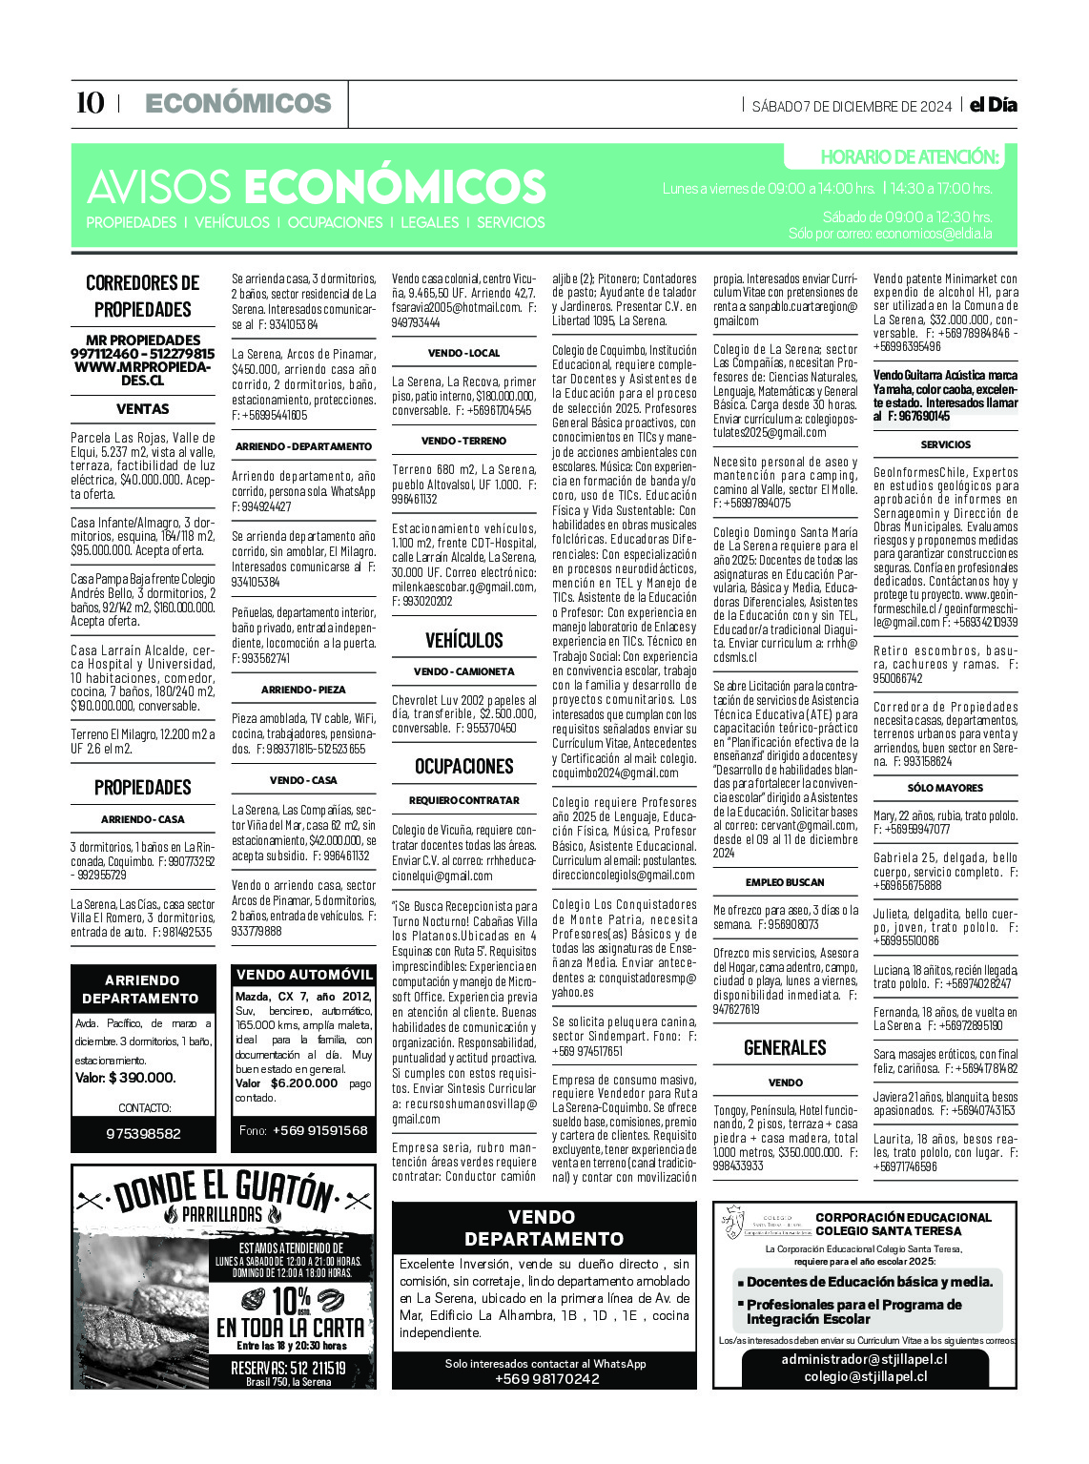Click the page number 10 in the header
(90, 103)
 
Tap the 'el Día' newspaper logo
(993, 105)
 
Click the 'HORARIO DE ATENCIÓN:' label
(909, 157)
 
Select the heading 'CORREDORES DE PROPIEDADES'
(143, 296)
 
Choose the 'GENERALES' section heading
(785, 1047)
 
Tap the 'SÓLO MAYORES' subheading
(945, 788)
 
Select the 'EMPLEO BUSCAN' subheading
(785, 882)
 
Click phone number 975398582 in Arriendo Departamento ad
(143, 1133)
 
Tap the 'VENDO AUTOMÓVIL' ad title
(304, 975)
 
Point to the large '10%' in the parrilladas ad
(292, 1299)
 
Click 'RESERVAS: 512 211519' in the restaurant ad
(288, 1368)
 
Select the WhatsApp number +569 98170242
(546, 1378)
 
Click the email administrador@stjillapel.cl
(864, 1359)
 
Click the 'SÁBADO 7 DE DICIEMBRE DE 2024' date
(852, 106)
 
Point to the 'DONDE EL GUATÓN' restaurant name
(225, 1191)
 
